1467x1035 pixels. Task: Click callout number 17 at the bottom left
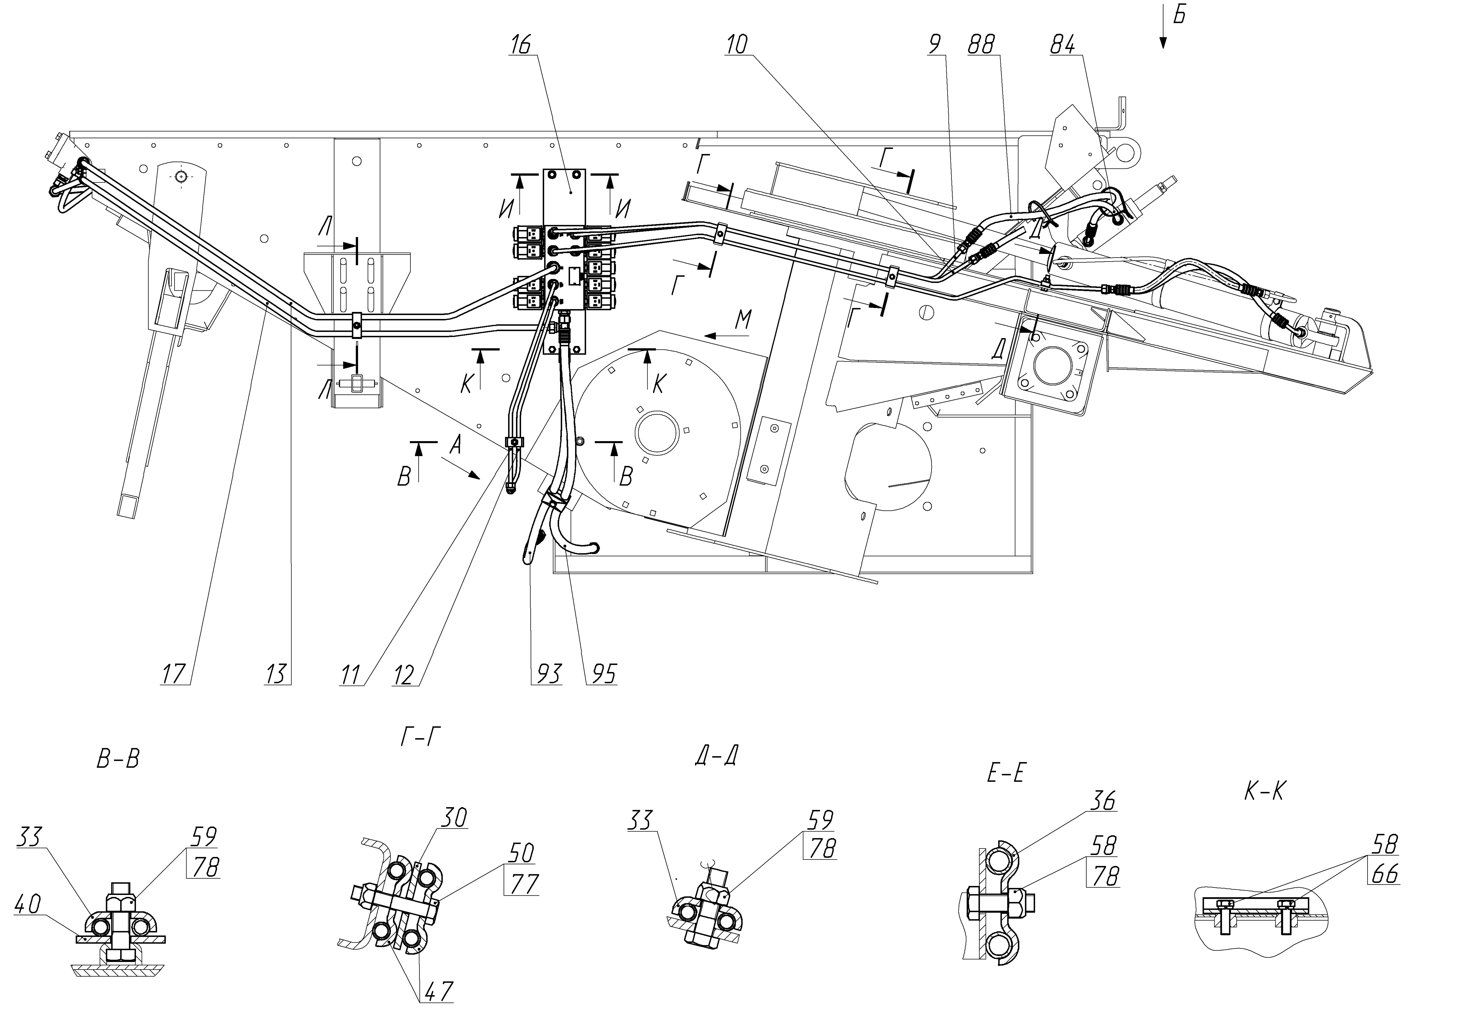pos(174,674)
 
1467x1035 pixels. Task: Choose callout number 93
pos(546,674)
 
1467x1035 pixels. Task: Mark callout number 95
pos(602,674)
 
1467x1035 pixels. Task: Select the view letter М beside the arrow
pos(743,319)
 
